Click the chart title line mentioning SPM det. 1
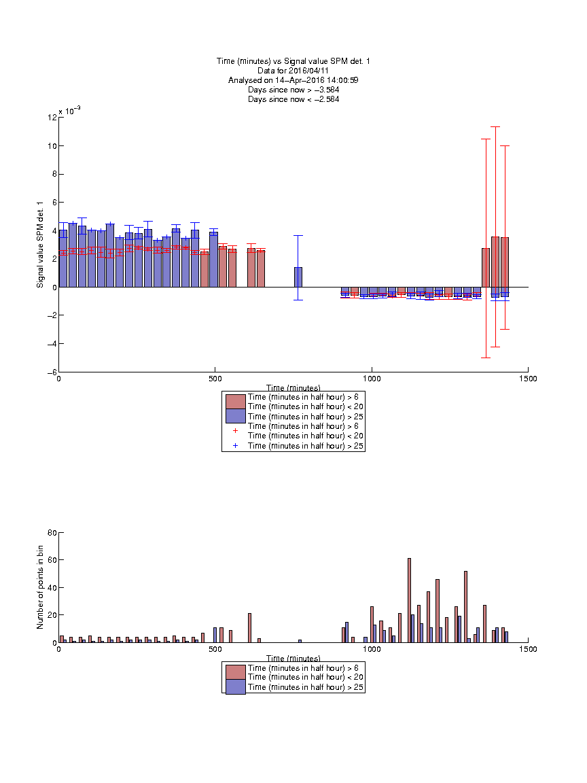tap(293, 61)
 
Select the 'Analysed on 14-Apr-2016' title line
tap(293, 80)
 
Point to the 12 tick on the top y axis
tap(52, 118)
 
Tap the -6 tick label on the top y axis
tap(52, 372)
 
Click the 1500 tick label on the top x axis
tap(528, 379)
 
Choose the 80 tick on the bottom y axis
tap(52, 533)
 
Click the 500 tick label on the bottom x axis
tap(215, 649)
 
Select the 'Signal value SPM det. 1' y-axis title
tap(40, 245)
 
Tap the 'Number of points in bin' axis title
tap(40, 587)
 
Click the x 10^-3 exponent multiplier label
tap(69, 110)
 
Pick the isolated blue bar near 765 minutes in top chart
tap(298, 277)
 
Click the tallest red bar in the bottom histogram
tap(409, 600)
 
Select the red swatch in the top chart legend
tap(236, 402)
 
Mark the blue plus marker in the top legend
tap(235, 445)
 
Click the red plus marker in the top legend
tap(235, 430)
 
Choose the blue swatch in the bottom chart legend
tap(236, 686)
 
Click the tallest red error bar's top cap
tap(495, 127)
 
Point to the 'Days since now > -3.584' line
tap(293, 90)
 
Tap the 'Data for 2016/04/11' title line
tap(293, 71)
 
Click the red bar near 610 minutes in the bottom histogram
tap(249, 628)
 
